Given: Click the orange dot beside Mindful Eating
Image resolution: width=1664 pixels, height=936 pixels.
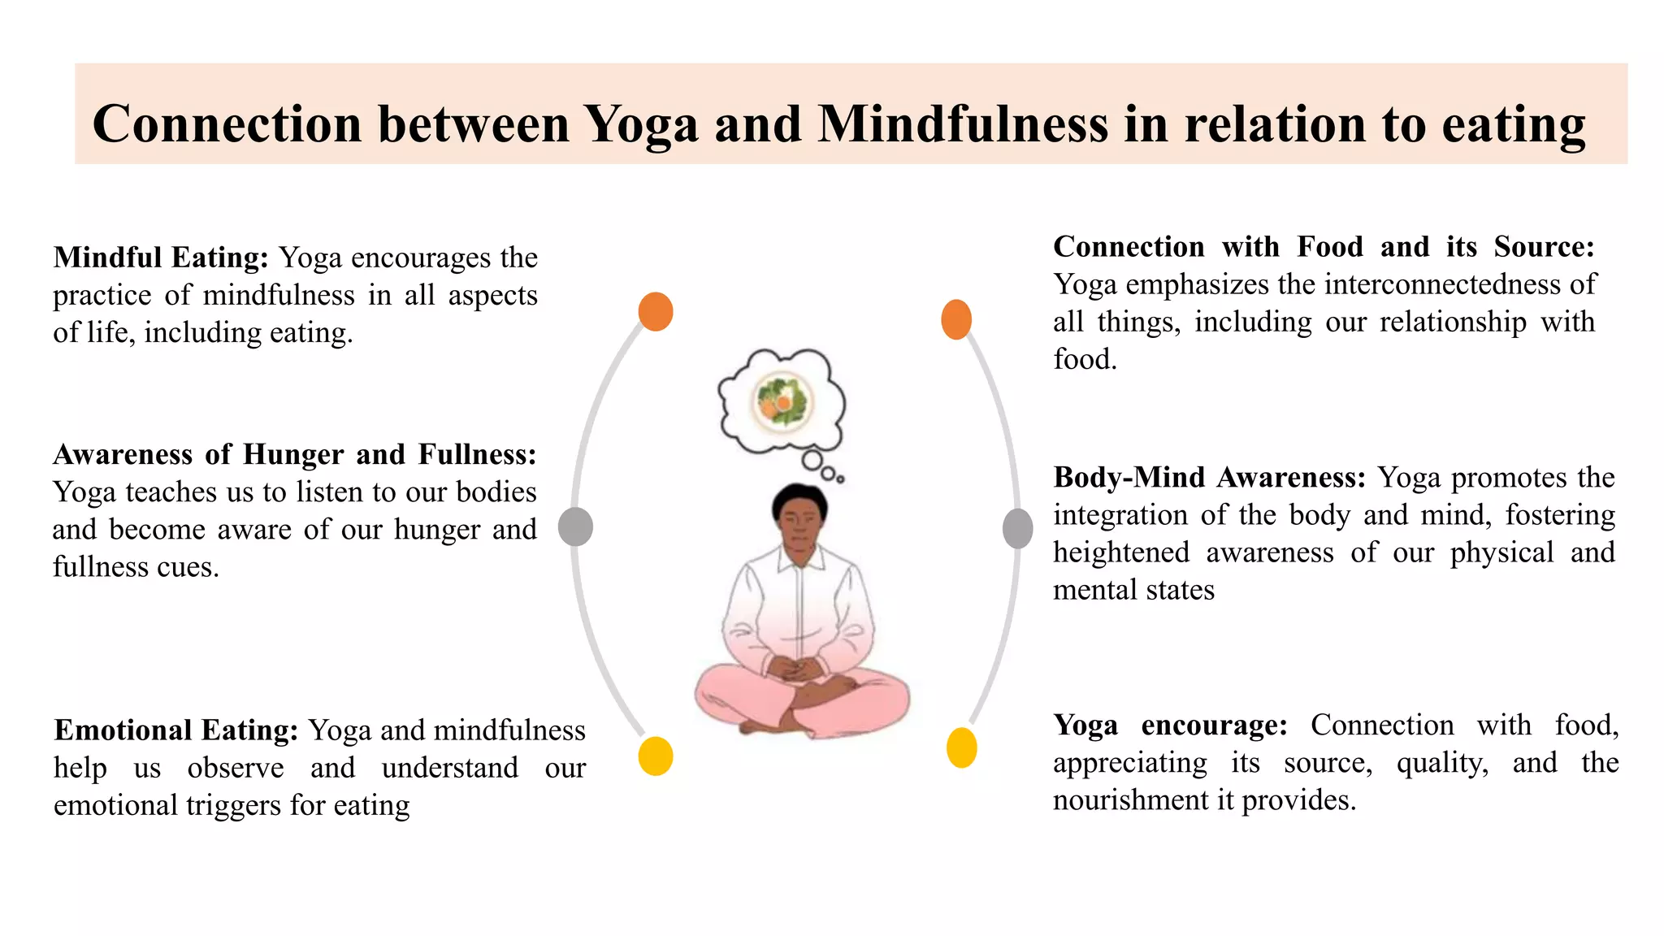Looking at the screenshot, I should tap(656, 311).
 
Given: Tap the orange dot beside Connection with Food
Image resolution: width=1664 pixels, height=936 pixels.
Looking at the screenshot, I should tap(956, 319).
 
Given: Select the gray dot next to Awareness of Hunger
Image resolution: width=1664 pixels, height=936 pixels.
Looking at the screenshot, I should tap(575, 526).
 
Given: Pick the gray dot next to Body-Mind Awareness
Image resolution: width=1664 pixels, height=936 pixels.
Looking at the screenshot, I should tap(1017, 528).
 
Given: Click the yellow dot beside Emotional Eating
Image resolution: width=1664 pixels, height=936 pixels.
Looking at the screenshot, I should tap(656, 756).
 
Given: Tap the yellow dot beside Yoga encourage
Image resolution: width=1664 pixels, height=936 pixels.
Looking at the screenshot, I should tap(961, 747).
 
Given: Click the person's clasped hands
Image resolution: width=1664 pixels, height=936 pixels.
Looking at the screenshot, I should tap(795, 669).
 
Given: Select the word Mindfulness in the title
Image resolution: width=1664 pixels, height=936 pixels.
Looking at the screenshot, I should tap(962, 124).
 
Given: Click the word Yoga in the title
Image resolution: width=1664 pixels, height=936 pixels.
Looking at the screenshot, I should tap(641, 124).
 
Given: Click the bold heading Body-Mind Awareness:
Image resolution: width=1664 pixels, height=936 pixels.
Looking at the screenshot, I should tap(1210, 478).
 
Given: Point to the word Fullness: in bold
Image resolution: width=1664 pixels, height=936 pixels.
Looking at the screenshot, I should tap(477, 455).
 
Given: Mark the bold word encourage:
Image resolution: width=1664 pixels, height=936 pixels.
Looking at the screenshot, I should tap(1214, 726).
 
